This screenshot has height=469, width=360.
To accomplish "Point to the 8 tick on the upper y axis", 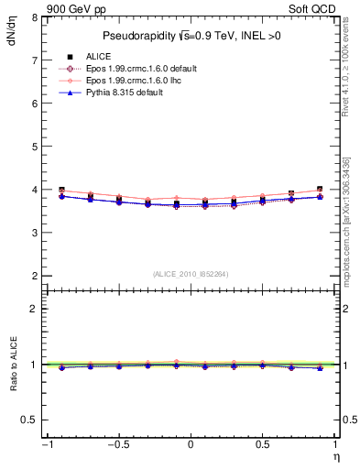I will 35,17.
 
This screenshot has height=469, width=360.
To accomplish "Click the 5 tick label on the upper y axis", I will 35,147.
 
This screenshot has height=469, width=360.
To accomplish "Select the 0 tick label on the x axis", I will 191,445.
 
